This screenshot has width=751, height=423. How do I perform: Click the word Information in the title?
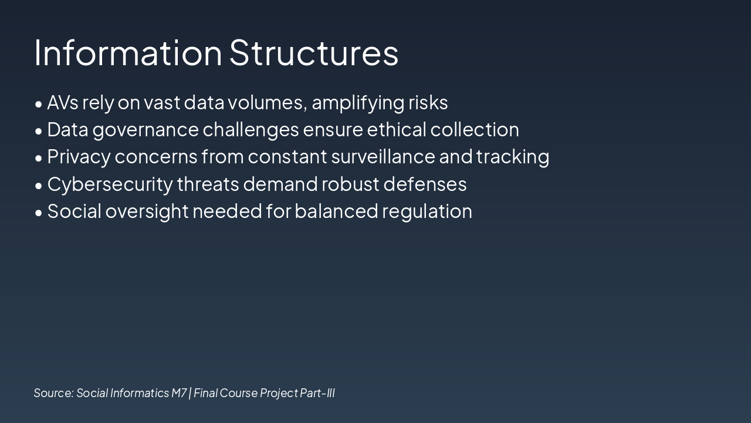[128, 53]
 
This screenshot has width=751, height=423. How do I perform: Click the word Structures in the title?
[314, 53]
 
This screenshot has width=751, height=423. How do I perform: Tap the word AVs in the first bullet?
[63, 102]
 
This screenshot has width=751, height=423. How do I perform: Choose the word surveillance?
[383, 156]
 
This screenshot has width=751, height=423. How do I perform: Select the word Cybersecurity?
[110, 185]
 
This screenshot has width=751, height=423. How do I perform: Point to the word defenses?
[425, 184]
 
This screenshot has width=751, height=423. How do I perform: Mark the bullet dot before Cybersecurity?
[39, 186]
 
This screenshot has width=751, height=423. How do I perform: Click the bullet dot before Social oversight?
[39, 213]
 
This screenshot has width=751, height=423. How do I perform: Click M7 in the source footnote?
[179, 393]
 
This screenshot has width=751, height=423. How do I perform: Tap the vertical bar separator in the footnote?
[190, 393]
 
